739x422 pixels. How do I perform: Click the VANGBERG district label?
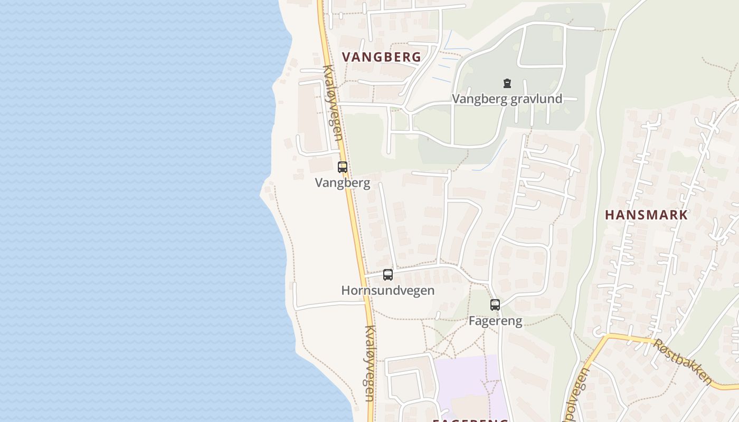point(382,57)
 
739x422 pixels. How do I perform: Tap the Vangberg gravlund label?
point(507,99)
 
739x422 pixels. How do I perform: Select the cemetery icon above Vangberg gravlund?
point(507,83)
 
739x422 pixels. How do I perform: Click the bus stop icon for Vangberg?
point(343,167)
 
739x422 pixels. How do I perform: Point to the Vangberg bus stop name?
point(342,183)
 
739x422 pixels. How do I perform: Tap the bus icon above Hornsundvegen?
point(388,275)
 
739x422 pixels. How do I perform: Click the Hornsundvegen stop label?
point(388,291)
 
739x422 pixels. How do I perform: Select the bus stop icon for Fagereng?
point(495,304)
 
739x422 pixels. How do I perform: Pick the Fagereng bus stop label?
point(495,321)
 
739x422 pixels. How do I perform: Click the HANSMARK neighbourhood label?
point(646,215)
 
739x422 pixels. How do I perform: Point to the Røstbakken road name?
point(682,361)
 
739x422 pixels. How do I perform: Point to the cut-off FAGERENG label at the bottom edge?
point(470,420)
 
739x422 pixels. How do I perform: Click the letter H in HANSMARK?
point(609,215)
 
